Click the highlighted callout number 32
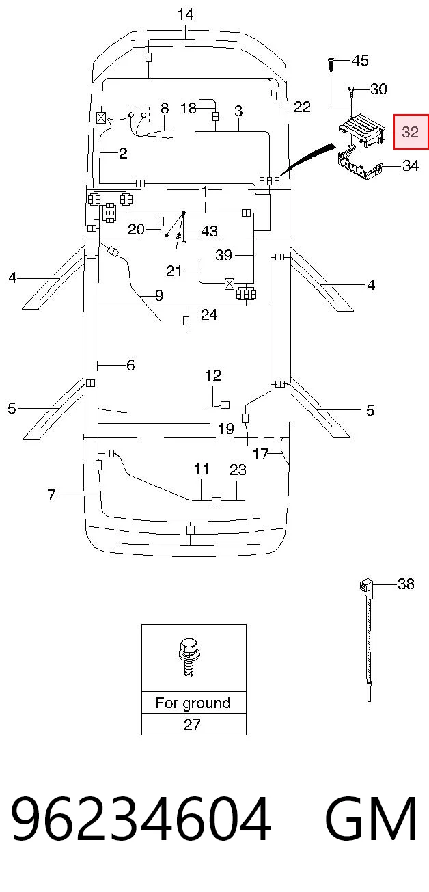coord(410,132)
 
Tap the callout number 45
coord(360,61)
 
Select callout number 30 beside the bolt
coord(378,89)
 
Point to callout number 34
coord(411,165)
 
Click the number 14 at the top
coord(185,15)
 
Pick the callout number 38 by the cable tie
coord(406,584)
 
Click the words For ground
coord(193,703)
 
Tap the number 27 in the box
coord(192,725)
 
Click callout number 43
coord(209,231)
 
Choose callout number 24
coord(209,314)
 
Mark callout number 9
coord(158,295)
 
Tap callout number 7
coord(51,495)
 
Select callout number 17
coord(261,454)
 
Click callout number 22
coord(302,107)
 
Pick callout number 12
coord(213,375)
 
